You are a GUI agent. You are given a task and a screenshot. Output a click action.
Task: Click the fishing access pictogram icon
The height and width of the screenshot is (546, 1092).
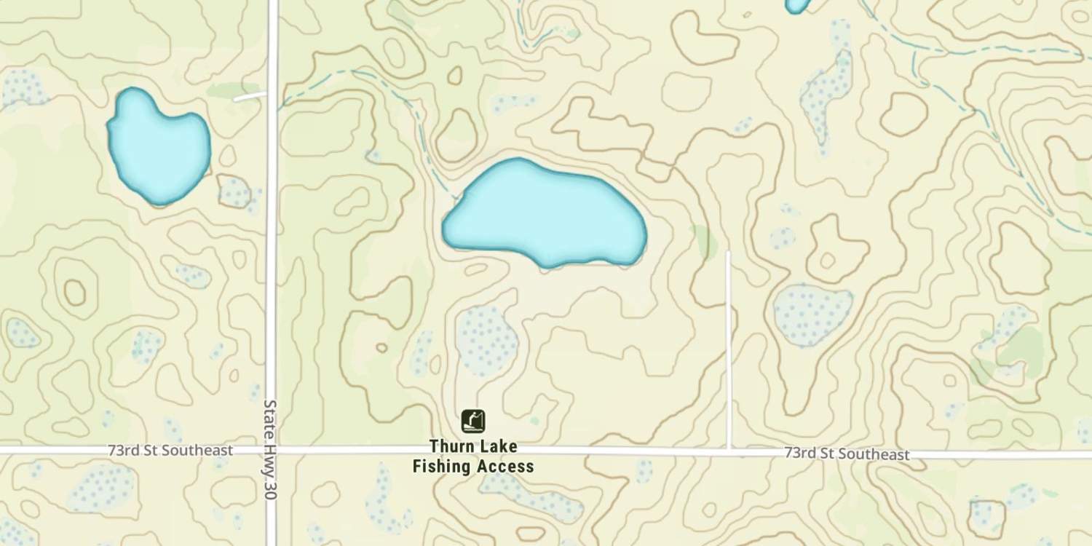point(473,421)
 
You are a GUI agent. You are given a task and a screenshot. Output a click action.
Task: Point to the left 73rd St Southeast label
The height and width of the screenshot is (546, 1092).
point(170,451)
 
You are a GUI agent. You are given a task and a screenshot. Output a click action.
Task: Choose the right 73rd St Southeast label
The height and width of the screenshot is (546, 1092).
point(847,454)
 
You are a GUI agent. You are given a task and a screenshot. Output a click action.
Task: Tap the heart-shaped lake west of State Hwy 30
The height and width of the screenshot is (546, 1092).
point(158,148)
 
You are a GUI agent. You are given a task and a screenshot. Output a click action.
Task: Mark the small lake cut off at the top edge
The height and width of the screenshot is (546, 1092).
point(797,5)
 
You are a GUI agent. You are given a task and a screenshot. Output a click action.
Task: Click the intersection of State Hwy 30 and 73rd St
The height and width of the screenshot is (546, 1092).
point(271,451)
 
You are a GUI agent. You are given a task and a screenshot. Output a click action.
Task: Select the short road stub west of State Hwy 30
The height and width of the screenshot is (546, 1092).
point(250,96)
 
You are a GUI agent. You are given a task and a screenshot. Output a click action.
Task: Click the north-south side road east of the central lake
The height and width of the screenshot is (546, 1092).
point(728,349)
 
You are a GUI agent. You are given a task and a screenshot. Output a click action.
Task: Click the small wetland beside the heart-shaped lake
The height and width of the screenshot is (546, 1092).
point(235,192)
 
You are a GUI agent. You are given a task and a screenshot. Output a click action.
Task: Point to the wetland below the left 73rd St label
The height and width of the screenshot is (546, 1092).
point(102,488)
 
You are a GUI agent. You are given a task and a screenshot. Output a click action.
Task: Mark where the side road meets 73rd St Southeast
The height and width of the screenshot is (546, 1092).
point(729,451)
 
